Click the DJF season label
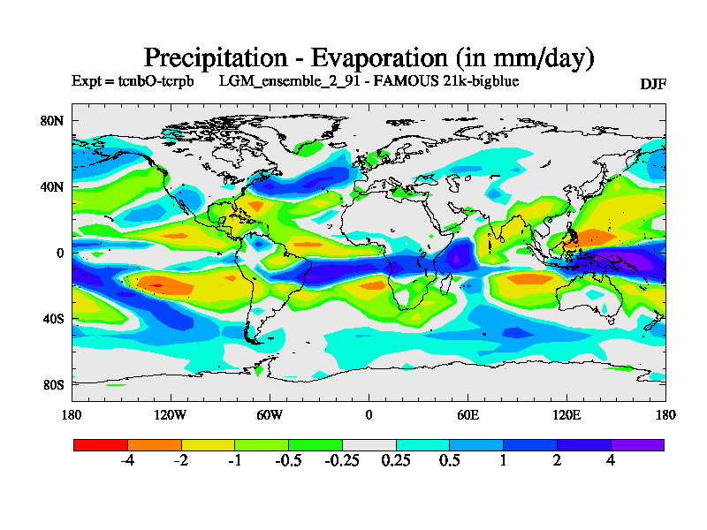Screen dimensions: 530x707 (x=652, y=84)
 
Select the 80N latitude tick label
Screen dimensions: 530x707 (x=53, y=121)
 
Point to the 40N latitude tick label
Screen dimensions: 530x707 (x=53, y=187)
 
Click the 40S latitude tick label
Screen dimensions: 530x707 (x=53, y=319)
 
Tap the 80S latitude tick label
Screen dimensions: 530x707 (x=53, y=385)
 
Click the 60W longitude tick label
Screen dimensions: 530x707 (x=269, y=414)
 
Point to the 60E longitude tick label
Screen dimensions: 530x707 (x=468, y=414)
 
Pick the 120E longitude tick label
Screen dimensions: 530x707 (x=566, y=414)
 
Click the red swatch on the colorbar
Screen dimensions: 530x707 (x=100, y=445)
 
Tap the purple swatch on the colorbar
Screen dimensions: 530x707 (x=637, y=445)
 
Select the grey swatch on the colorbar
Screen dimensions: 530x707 (x=369, y=445)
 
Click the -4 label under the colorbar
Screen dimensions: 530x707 (x=127, y=461)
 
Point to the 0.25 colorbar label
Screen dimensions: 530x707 (x=396, y=461)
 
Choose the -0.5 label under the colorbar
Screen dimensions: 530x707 (x=288, y=461)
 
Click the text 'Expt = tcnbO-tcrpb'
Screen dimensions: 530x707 (x=132, y=80)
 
